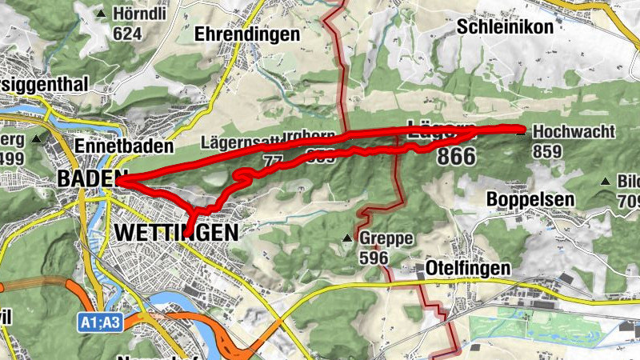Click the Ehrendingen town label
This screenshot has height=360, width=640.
[247, 34]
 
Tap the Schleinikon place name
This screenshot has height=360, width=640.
[505, 26]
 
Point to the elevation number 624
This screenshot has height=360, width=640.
[127, 34]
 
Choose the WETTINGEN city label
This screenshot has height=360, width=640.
[176, 232]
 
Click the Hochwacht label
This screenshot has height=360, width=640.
[574, 132]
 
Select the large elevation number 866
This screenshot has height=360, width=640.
[456, 157]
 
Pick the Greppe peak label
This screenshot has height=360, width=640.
[386, 238]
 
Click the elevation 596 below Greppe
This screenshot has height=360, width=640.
[374, 258]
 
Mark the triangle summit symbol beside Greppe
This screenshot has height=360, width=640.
[347, 238]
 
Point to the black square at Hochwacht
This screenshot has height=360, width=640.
[521, 132]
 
